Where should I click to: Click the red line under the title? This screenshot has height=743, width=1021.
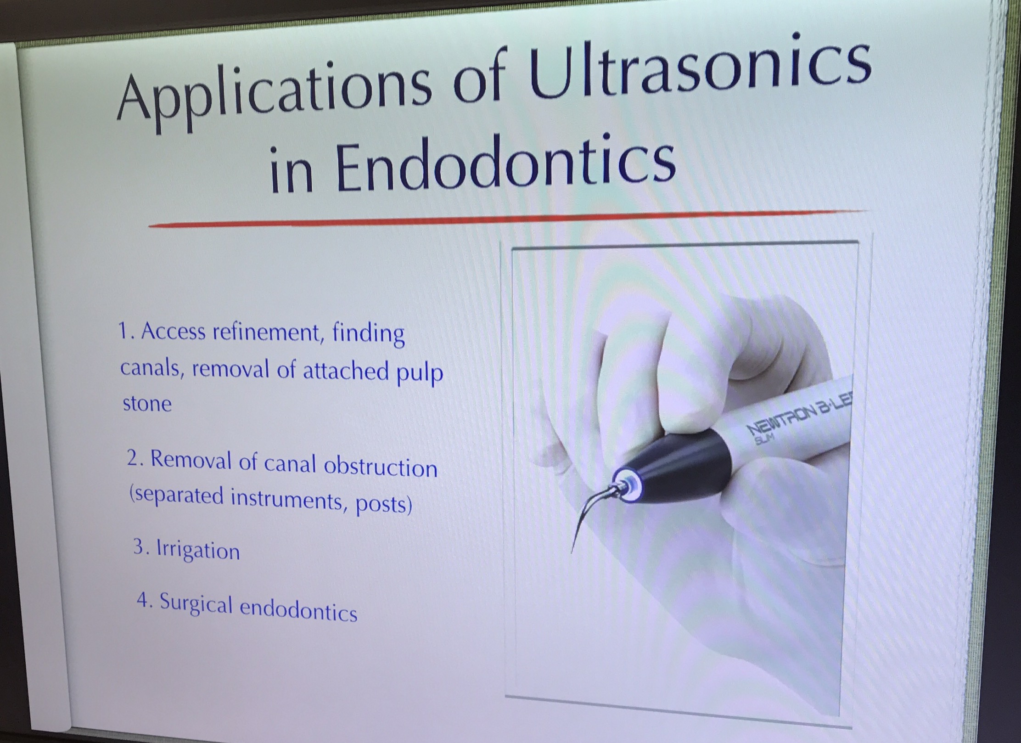click(507, 218)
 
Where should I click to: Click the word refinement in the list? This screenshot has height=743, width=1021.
click(267, 332)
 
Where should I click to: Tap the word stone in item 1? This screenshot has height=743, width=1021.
click(147, 404)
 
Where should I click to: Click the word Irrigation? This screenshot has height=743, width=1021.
click(198, 549)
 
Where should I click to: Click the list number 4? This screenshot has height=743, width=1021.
click(144, 600)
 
